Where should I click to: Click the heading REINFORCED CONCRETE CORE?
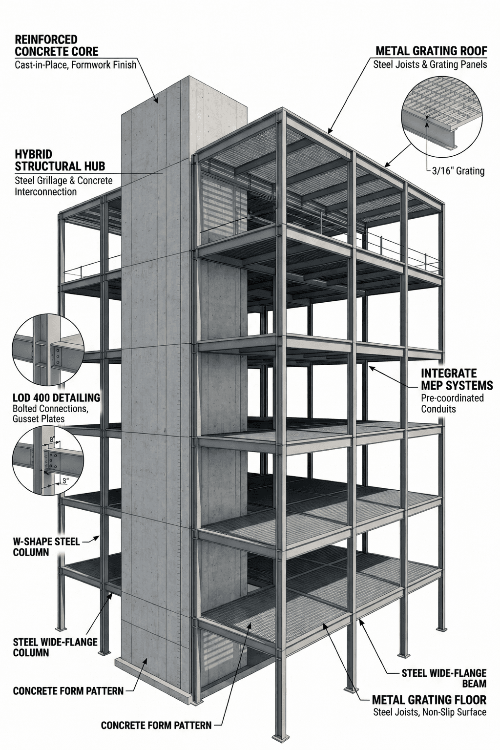56,45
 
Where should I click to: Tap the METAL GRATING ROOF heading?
431,51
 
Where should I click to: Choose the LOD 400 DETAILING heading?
56,397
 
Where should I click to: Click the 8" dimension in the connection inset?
53,439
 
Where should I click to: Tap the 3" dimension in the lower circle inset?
64,480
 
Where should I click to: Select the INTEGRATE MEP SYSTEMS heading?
457,379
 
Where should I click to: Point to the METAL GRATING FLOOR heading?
429,700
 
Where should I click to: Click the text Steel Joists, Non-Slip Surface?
429,712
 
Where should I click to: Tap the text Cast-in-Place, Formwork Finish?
76,64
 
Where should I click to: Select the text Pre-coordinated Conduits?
452,403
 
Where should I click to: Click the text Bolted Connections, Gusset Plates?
50,413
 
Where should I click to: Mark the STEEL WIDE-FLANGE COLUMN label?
55,647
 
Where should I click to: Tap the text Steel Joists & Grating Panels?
430,64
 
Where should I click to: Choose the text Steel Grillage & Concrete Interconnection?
63,186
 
